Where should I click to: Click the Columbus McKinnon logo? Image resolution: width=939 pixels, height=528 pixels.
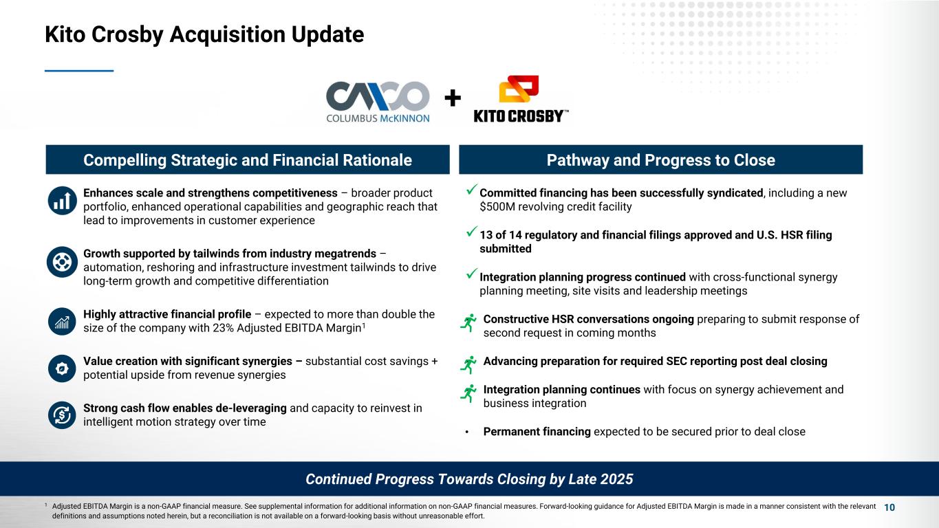tap(378, 102)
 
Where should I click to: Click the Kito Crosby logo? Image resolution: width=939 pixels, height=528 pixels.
tap(521, 99)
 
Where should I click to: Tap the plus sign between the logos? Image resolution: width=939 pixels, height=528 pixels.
tap(453, 98)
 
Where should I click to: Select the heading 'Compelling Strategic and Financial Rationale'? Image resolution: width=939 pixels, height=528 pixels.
tap(248, 159)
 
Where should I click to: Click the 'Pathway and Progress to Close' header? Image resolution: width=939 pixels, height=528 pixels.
tap(660, 159)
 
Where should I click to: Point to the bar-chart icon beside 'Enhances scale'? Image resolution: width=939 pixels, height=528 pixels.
tap(62, 201)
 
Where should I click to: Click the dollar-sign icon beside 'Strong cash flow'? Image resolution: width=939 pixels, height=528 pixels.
tap(62, 415)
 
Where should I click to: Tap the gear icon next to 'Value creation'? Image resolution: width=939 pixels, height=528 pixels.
tap(62, 368)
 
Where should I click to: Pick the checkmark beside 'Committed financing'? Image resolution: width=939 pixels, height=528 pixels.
tap(472, 190)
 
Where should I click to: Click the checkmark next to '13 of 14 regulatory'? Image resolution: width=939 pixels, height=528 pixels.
tap(472, 231)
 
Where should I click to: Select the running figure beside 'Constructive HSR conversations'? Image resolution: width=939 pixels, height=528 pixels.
tap(468, 322)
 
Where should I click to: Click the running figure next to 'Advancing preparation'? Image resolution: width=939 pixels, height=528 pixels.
tap(468, 364)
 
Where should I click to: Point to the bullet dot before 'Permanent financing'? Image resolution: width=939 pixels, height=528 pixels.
tap(466, 432)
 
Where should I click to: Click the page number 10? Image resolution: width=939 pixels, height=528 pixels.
tap(889, 507)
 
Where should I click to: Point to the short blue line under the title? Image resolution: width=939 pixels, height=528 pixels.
tap(79, 71)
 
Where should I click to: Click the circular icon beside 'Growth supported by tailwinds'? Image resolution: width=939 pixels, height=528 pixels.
tap(62, 262)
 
